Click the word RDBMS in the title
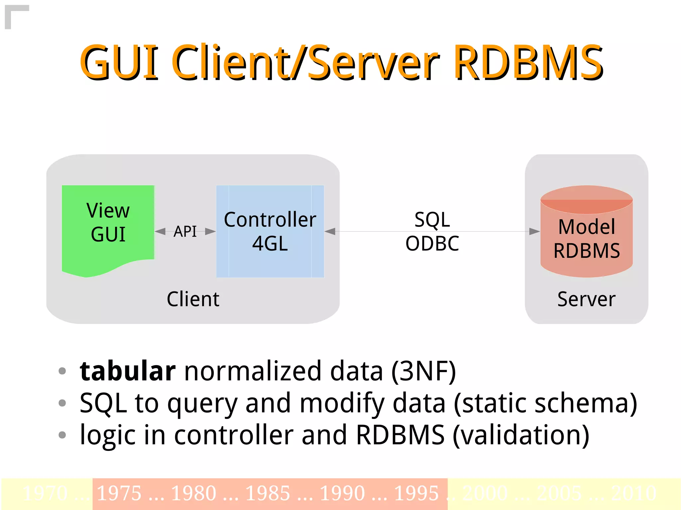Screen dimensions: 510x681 528,62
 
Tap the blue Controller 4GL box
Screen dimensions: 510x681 270,231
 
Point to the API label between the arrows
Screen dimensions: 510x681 185,231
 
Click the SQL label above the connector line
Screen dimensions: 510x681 432,219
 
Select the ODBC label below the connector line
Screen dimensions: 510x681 432,243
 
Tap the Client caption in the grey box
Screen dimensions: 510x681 193,299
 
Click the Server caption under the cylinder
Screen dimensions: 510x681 586,299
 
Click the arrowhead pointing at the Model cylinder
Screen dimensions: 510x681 534,231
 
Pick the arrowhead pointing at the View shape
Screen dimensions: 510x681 160,231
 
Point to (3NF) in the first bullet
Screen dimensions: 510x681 423,371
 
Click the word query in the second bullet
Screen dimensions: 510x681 202,403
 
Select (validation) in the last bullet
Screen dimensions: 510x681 521,435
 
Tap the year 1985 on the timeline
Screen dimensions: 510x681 268,493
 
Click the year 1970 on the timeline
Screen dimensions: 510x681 45,493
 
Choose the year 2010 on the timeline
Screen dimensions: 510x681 633,493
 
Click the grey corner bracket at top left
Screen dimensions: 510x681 13,13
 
